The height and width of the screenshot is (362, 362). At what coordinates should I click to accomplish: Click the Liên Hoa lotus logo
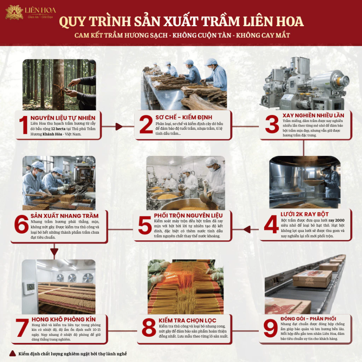tap(14, 13)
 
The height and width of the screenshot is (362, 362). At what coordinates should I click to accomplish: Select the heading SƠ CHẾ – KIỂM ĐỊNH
tap(184, 117)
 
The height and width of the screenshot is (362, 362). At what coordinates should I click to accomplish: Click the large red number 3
tap(272, 124)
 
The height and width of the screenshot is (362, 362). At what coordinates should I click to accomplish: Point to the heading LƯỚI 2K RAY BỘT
tap(304, 214)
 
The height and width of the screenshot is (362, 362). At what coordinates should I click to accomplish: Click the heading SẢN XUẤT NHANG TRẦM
tap(65, 216)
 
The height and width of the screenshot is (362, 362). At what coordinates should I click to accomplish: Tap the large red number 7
tap(22, 328)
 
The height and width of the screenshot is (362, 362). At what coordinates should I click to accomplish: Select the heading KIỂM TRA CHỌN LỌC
tap(187, 320)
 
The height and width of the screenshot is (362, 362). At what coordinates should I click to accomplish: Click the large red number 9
tap(270, 328)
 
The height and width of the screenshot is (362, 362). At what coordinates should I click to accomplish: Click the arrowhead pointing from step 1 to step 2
tap(119, 127)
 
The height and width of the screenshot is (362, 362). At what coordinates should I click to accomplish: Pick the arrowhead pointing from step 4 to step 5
tap(247, 229)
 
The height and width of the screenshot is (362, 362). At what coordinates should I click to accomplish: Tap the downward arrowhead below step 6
tap(54, 252)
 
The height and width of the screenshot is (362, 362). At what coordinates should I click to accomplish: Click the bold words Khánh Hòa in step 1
tap(52, 134)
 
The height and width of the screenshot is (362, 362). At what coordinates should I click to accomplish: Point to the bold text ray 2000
tap(337, 220)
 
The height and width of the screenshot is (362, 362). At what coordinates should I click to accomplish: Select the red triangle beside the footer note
tap(12, 353)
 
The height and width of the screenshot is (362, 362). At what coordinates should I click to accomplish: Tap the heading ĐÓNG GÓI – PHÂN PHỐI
tap(308, 319)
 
